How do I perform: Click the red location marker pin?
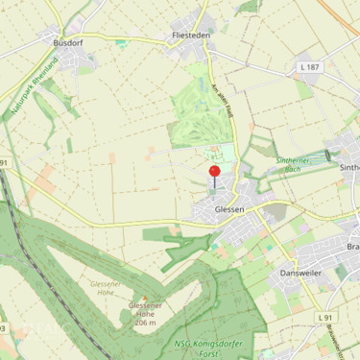(x=214, y=174)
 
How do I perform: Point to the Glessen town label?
(x=230, y=208)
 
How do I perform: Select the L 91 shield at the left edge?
(x=4, y=164)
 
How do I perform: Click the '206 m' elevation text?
(x=145, y=323)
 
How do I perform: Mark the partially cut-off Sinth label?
(x=349, y=166)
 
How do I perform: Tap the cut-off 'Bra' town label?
(x=352, y=247)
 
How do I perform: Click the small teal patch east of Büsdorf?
(x=120, y=42)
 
